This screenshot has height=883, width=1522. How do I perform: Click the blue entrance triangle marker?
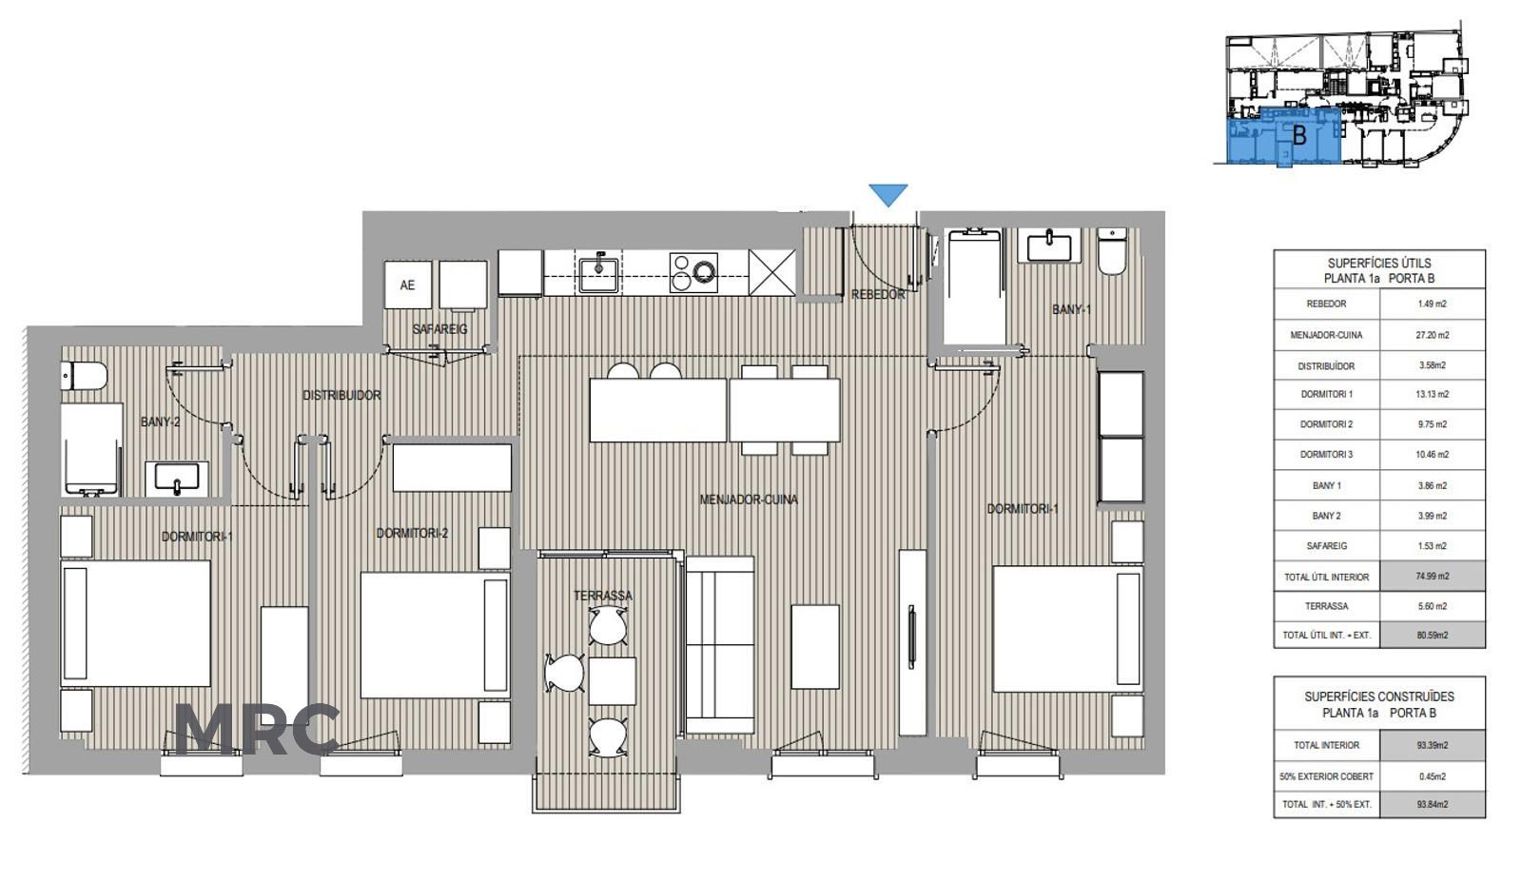pos(888,194)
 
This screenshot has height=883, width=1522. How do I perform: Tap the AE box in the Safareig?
pos(408,285)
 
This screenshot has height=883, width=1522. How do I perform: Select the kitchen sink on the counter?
pos(598,272)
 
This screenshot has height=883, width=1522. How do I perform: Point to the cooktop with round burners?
pos(693,272)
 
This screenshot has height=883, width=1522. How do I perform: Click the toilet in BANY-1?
pos(1112,251)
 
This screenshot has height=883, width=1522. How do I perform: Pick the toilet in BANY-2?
pos(85,376)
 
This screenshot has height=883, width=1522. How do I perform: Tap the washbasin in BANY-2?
pos(177,478)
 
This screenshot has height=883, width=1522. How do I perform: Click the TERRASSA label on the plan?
pos(603,597)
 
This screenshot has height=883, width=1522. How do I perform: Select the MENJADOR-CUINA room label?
pos(749,500)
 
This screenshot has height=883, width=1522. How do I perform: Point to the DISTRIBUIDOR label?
pos(341,395)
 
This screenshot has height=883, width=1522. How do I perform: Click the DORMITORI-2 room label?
pos(412,534)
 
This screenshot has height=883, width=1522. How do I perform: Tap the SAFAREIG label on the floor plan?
pos(439,329)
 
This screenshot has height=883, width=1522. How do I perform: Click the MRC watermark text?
pos(257,730)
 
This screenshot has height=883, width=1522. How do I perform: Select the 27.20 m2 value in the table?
pos(1433,335)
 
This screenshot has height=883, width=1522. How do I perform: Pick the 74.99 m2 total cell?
pos(1433,577)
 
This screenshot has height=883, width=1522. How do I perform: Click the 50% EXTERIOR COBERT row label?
pos(1326,776)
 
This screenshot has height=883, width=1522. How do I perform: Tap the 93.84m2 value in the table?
pos(1433,804)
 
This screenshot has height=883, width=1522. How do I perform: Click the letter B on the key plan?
pos(1299,135)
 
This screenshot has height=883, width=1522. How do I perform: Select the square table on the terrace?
pos(613,680)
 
